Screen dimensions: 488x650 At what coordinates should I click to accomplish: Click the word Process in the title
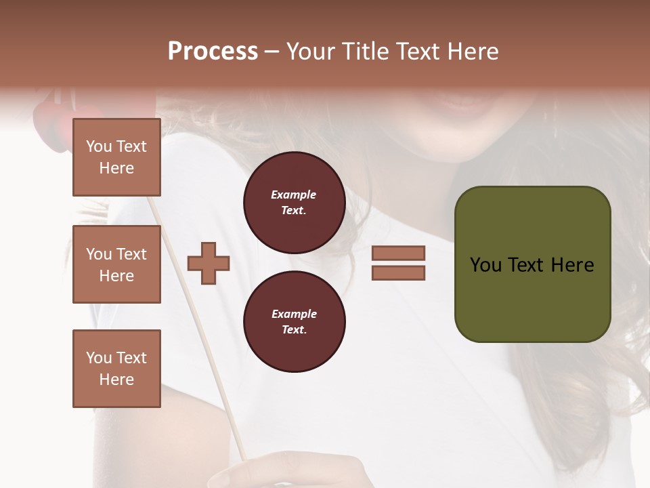pos(213,51)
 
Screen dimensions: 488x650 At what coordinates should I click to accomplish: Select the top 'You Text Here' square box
pos(116,157)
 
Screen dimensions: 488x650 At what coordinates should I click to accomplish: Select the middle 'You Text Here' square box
pos(116,264)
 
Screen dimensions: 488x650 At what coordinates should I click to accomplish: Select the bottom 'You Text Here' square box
pos(116,368)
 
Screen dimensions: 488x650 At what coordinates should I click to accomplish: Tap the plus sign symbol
pos(209,263)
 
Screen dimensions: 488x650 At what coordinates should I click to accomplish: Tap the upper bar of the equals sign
pos(398,253)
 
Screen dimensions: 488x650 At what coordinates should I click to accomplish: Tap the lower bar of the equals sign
pos(398,273)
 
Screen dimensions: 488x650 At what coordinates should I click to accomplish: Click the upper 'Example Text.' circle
pos(294,203)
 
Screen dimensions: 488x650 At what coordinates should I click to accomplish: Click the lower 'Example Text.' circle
pos(294,322)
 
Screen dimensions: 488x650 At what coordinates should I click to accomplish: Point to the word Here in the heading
pos(472,51)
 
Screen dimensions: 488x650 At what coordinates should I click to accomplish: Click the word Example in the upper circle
pos(294,195)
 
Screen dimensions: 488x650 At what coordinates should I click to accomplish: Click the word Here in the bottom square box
pos(116,380)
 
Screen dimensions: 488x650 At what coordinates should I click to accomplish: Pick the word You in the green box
pos(485,264)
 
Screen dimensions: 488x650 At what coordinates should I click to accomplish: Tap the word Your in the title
pos(311,51)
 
